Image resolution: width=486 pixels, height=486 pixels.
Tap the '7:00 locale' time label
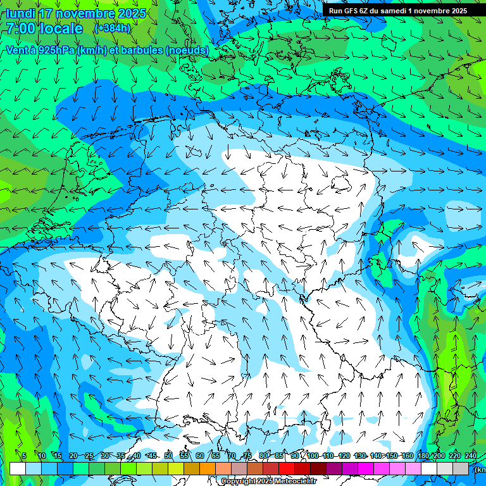(x=44, y=28)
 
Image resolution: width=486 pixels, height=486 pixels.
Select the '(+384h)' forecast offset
(x=112, y=28)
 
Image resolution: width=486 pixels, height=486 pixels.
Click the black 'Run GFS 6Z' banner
(x=398, y=11)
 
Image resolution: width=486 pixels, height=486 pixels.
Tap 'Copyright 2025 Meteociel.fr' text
(x=268, y=482)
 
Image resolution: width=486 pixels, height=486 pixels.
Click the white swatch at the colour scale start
(x=18, y=469)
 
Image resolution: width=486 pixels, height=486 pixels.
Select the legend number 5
(x=24, y=456)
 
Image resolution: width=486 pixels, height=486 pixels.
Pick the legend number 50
(x=168, y=456)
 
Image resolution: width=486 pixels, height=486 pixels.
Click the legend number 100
(x=313, y=456)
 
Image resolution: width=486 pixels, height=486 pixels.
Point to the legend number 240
(x=471, y=456)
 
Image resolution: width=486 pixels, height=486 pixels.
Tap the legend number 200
(x=439, y=456)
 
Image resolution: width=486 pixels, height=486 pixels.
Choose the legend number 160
(x=408, y=456)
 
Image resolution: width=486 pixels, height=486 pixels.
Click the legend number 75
(x=247, y=456)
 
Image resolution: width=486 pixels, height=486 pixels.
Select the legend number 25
(x=89, y=456)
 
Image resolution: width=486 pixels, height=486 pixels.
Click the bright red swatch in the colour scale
(x=287, y=469)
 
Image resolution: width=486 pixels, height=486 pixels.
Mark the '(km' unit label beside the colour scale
(x=480, y=470)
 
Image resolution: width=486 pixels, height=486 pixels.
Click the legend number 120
(x=344, y=456)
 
